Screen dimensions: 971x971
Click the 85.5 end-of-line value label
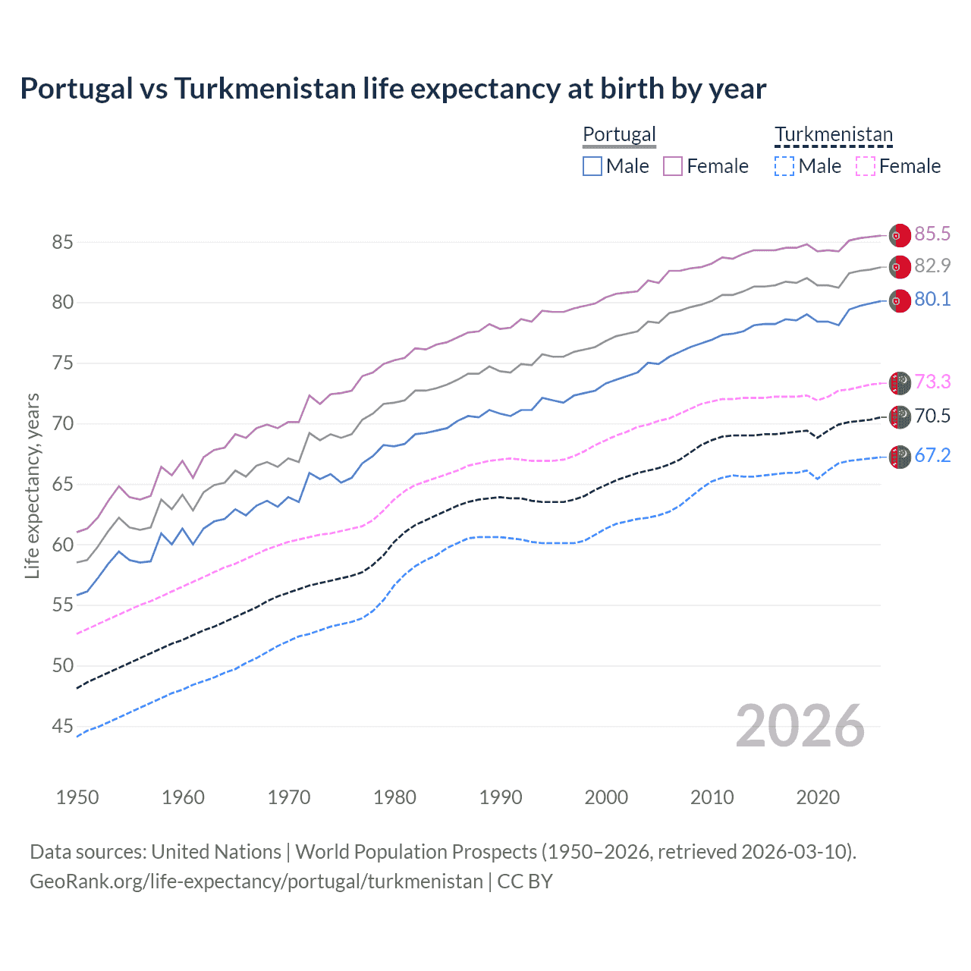932,234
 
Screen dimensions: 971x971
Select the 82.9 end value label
932,266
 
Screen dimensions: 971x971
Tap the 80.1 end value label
932,300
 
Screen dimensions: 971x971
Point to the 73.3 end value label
932,382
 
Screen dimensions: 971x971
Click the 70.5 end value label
932,416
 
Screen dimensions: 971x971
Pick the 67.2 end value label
932,456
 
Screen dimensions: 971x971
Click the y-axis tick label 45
63,727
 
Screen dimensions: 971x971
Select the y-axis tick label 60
63,545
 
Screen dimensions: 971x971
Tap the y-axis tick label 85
63,243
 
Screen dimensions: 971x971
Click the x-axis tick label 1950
77,797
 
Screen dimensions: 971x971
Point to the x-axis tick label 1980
394,797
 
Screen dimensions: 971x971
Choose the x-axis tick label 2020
818,797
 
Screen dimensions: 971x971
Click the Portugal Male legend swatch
592,166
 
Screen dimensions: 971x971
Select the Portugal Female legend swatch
673,166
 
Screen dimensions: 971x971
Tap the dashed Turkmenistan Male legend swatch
784,166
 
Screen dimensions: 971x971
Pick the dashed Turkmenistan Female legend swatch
866,166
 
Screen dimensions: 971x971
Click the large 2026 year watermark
800,727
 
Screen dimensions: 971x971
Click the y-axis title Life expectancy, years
33,485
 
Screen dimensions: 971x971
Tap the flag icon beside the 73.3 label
900,383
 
